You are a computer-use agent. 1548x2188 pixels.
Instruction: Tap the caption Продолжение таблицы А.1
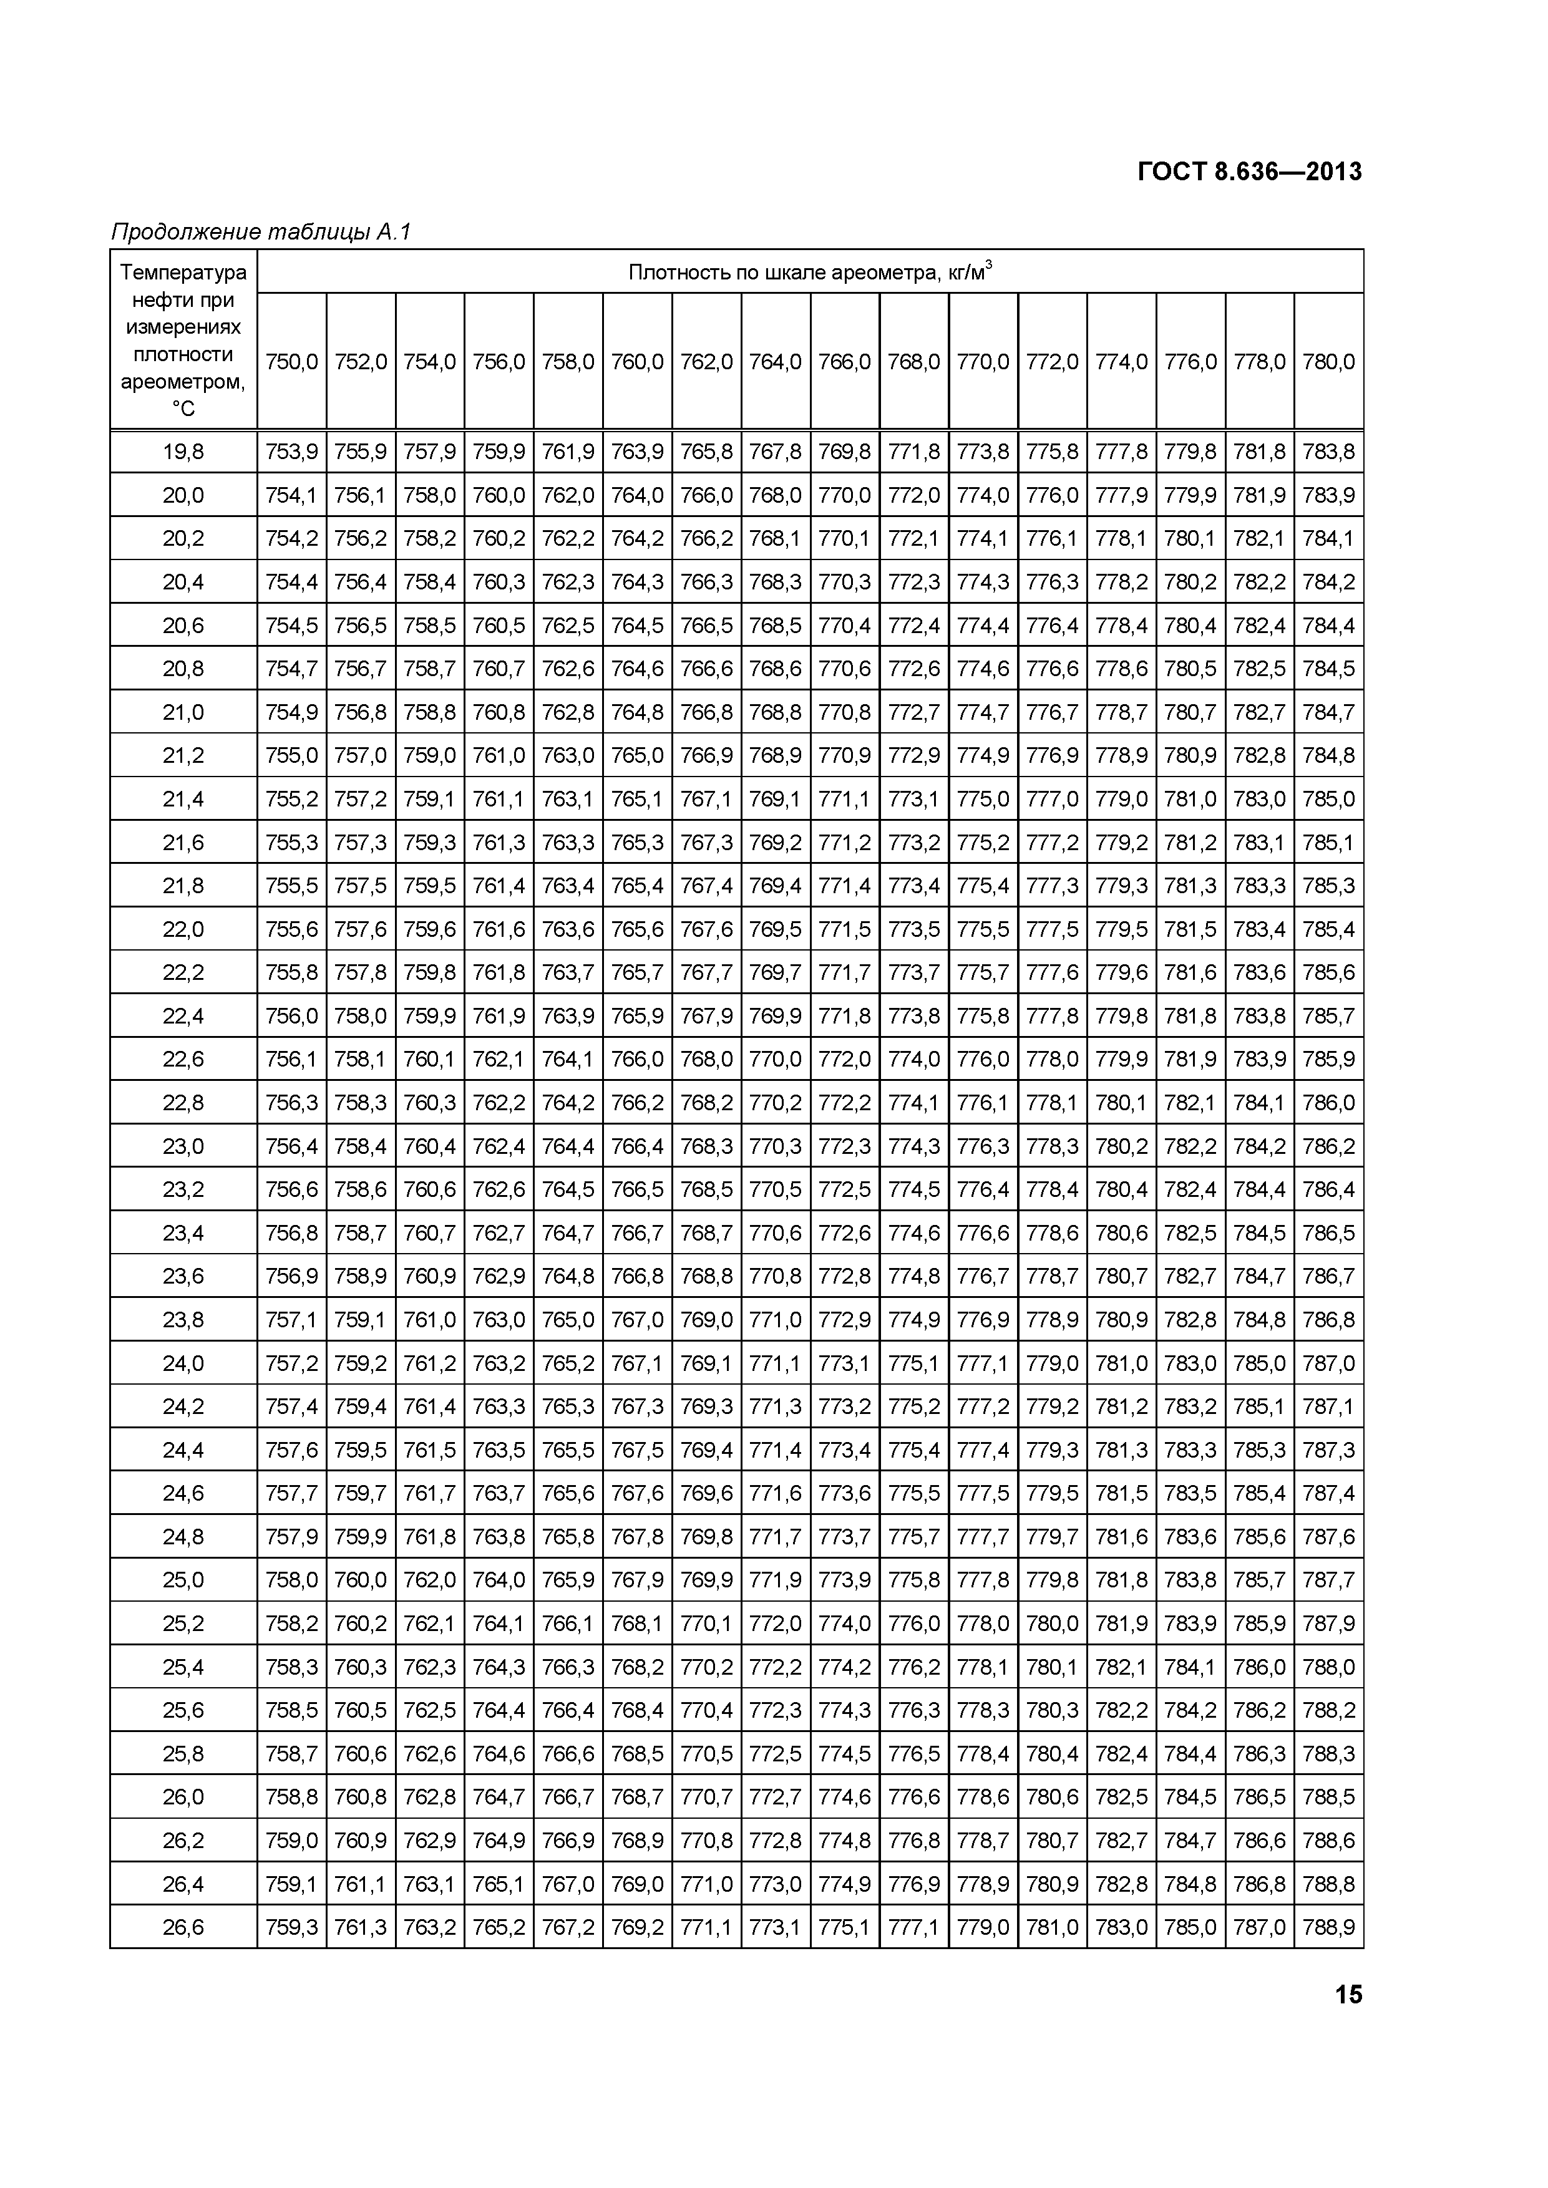tap(260, 231)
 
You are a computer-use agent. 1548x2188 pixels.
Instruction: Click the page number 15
tap(1348, 1995)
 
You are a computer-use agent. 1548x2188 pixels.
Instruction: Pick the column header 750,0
tap(291, 362)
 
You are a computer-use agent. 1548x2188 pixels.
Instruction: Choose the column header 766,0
tap(845, 362)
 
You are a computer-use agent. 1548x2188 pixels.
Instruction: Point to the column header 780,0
tap(1329, 362)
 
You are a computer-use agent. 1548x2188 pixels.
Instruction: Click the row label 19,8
tap(183, 452)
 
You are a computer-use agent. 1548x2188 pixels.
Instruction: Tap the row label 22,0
tap(183, 929)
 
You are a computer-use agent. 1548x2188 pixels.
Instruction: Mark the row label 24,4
tap(183, 1450)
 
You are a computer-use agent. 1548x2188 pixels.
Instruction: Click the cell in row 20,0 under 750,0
tap(291, 495)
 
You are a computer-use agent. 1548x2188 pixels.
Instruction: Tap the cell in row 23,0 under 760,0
tap(637, 1146)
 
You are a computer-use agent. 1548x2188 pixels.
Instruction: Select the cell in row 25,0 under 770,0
tap(983, 1580)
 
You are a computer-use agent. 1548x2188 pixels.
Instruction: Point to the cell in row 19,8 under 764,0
tap(775, 452)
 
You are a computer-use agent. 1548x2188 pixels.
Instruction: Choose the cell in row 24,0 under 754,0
tap(430, 1363)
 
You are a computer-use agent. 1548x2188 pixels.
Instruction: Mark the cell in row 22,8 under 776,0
tap(1190, 1103)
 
